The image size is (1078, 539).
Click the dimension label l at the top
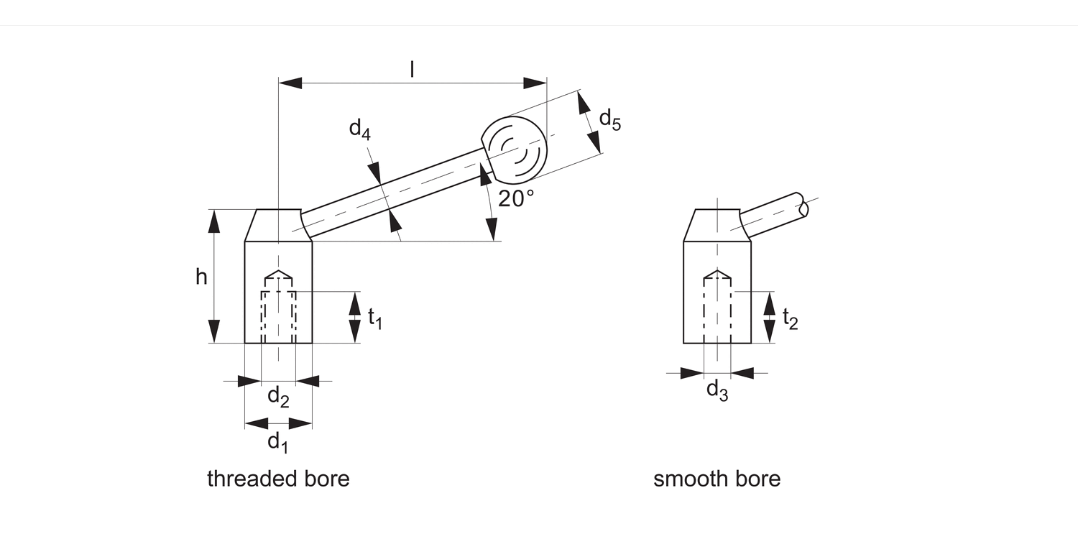click(412, 69)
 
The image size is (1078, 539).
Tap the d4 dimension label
click(360, 129)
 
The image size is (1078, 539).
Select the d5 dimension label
click(609, 119)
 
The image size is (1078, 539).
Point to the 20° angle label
click(516, 198)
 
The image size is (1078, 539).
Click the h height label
click(201, 277)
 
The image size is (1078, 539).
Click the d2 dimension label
click(278, 395)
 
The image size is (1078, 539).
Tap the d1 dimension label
click(278, 441)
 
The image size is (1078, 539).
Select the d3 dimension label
click(717, 390)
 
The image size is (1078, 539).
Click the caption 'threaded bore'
click(278, 479)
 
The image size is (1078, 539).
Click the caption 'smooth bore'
click(717, 479)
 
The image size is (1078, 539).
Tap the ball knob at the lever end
click(514, 151)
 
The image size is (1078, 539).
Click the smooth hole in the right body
click(717, 309)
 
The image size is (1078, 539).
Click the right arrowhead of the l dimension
click(535, 83)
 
